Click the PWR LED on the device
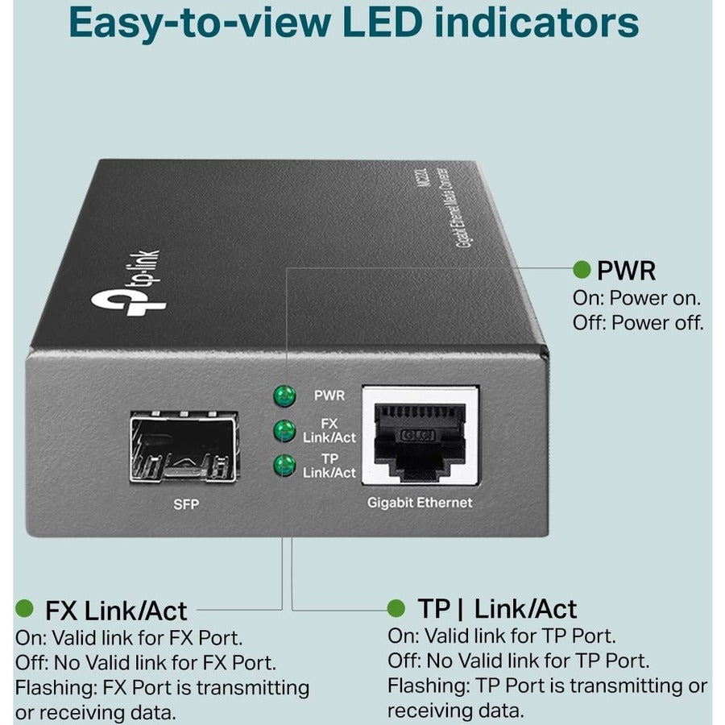point(284,396)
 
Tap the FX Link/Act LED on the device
point(284,430)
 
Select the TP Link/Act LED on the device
point(284,465)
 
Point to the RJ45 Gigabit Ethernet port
point(420,435)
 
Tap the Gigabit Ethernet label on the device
point(419,503)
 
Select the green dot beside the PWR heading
point(581,269)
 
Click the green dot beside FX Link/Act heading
point(26,608)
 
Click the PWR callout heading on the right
point(627,270)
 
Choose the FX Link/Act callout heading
point(116,610)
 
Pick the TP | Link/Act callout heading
point(497,608)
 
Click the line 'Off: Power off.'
point(638,323)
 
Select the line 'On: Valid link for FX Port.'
point(128,638)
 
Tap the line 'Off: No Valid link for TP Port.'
point(518,661)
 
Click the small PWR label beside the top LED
point(329,396)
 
